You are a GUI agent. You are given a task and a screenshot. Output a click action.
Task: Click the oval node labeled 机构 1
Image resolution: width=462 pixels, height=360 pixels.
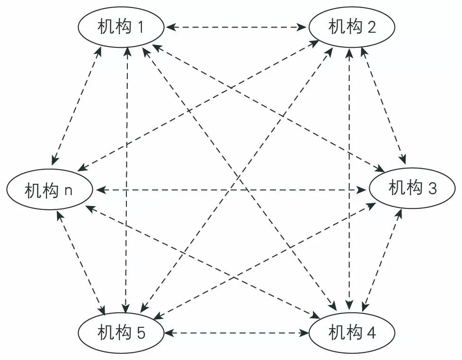point(121,27)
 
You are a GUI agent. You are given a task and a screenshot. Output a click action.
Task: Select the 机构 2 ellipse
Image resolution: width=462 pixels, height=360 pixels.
point(352,27)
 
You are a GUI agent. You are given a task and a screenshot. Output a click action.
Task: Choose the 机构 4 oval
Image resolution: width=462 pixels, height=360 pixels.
point(352,333)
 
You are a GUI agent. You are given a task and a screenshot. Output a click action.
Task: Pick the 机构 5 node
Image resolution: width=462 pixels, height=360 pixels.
point(121,333)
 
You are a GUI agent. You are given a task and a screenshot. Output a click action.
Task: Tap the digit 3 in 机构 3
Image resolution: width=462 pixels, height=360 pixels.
point(432,189)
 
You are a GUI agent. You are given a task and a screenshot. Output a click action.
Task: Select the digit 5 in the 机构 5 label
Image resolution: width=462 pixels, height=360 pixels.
point(141,333)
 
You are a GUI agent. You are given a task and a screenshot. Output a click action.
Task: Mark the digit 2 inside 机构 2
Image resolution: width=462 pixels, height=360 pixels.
point(372,27)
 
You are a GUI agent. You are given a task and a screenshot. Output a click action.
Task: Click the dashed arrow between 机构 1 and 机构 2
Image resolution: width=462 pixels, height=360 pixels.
point(236,27)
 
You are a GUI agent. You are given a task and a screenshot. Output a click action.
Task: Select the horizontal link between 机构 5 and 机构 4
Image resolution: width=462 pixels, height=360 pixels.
point(236,333)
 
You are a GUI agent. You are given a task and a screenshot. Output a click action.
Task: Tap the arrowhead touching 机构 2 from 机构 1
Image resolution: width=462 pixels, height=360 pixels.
point(302,27)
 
